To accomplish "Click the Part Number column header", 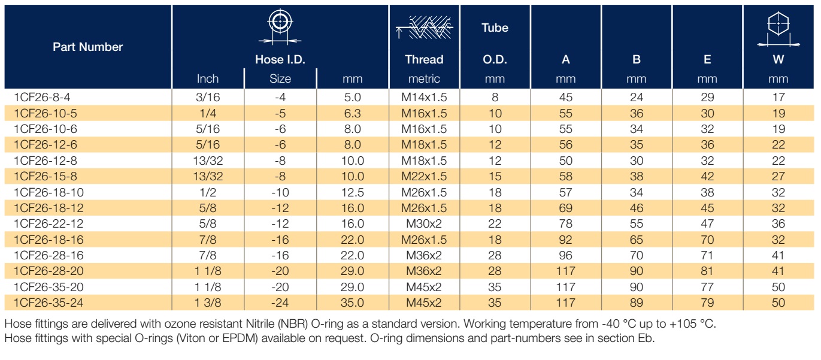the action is coord(87,47).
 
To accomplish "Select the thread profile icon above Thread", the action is coord(424,28).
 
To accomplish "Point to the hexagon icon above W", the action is coord(778,29).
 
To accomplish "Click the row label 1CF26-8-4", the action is coord(42,97).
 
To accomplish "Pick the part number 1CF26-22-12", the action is coord(49,223).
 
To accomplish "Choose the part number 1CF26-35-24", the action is coord(49,303).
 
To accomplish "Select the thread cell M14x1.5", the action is coord(424,97).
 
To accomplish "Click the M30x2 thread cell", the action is coord(424,223).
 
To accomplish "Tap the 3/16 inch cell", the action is coord(208,97).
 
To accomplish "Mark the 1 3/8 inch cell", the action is coord(208,303).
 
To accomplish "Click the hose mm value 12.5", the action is coord(352,192).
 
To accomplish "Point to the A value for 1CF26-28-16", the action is coord(565,255).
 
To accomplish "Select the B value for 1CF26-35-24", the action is coord(637,303).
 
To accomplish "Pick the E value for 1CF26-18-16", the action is coord(707,240).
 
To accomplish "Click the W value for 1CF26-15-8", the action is coord(778,176).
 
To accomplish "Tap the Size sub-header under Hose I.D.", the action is coord(280,79).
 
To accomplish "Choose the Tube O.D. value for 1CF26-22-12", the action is coord(495,223).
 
